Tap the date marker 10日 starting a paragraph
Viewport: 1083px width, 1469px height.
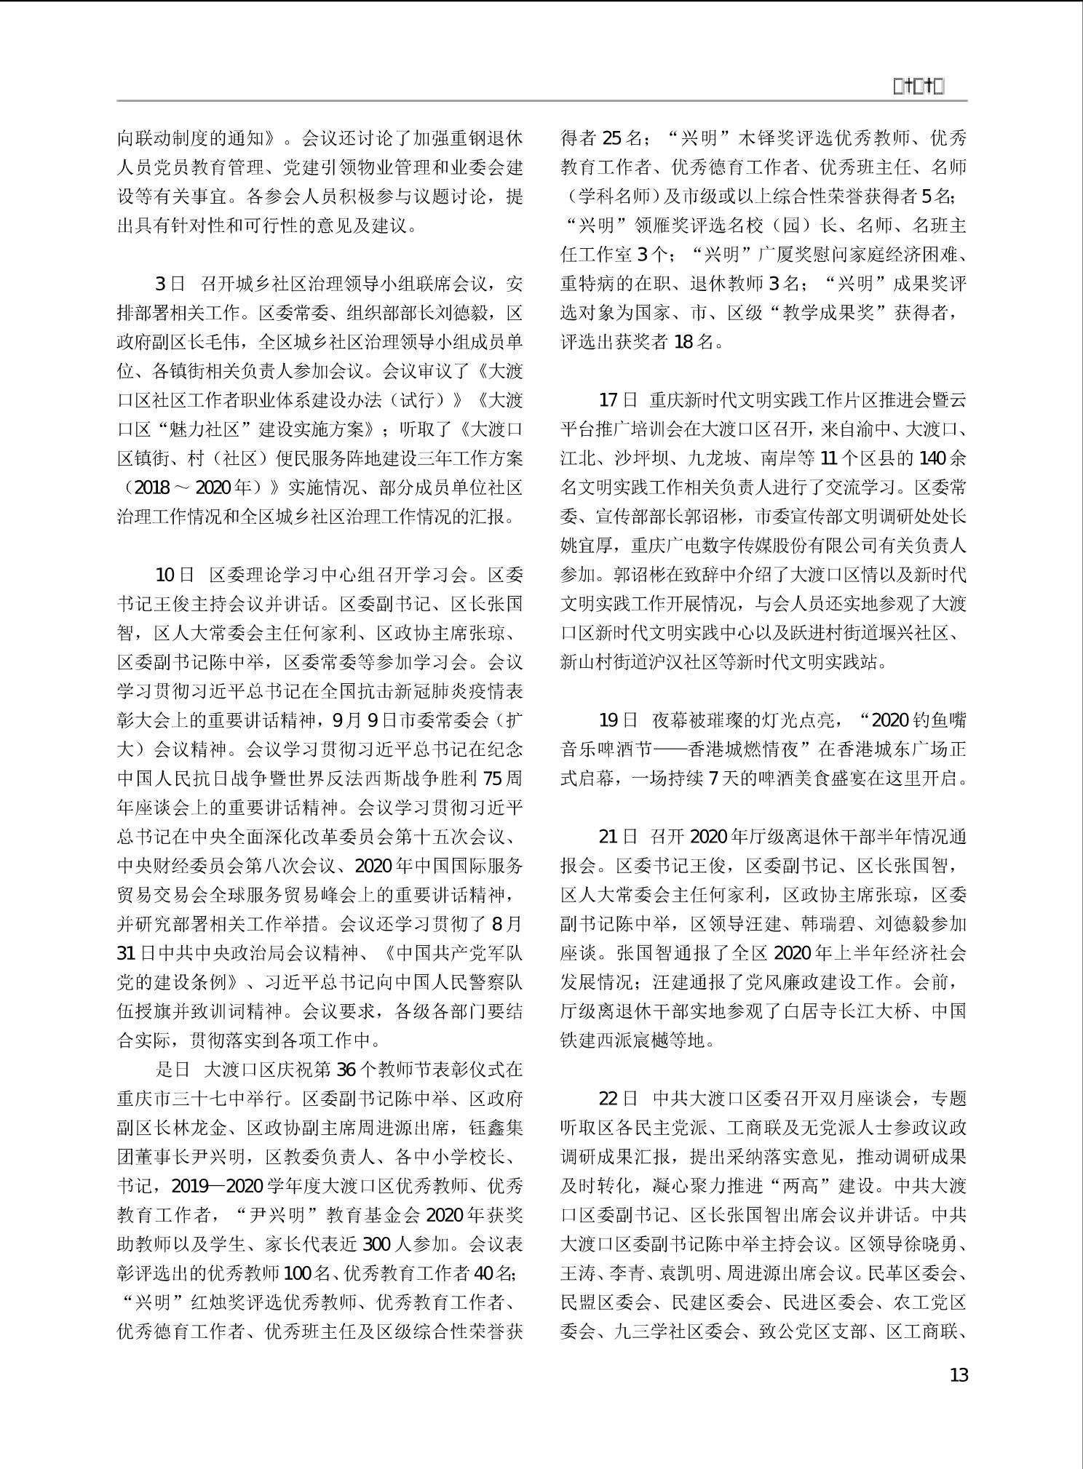click(175, 576)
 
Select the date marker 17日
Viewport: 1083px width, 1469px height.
click(618, 401)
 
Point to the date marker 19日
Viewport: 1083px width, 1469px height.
click(618, 721)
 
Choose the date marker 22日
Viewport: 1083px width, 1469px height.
click(618, 1099)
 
